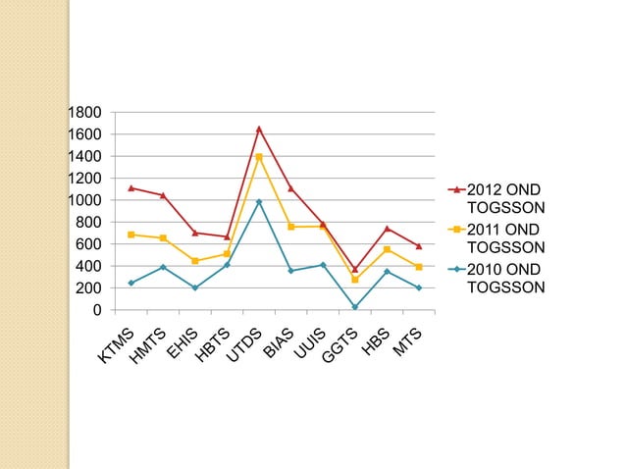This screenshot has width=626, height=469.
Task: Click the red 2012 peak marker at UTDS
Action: point(259,129)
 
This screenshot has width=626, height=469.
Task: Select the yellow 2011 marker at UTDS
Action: point(259,157)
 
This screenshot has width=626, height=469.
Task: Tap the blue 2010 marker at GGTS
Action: point(355,307)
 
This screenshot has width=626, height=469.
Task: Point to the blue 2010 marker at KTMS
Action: point(131,283)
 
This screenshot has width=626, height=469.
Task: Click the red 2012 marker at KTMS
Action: point(131,188)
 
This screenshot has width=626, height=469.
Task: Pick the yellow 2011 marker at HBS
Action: point(387,249)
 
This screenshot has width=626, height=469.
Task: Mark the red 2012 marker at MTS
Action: point(419,246)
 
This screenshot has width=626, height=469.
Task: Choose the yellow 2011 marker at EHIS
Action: point(195,261)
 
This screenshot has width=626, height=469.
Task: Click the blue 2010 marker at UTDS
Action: point(259,202)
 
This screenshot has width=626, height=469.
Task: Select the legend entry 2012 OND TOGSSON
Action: point(496,198)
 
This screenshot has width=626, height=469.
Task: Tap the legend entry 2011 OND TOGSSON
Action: point(496,238)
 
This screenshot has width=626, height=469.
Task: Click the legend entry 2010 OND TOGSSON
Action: point(496,279)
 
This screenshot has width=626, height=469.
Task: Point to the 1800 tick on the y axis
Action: point(84,113)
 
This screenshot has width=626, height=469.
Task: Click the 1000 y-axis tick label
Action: point(84,200)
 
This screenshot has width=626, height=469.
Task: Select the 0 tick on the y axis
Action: point(97,310)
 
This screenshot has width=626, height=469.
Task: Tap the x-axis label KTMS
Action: point(116,345)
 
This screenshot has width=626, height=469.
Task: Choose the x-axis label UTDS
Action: point(244,345)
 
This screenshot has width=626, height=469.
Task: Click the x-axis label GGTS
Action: point(339,345)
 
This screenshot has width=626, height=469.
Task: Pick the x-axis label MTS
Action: point(407,342)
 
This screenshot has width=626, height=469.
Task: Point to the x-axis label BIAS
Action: point(279,343)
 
